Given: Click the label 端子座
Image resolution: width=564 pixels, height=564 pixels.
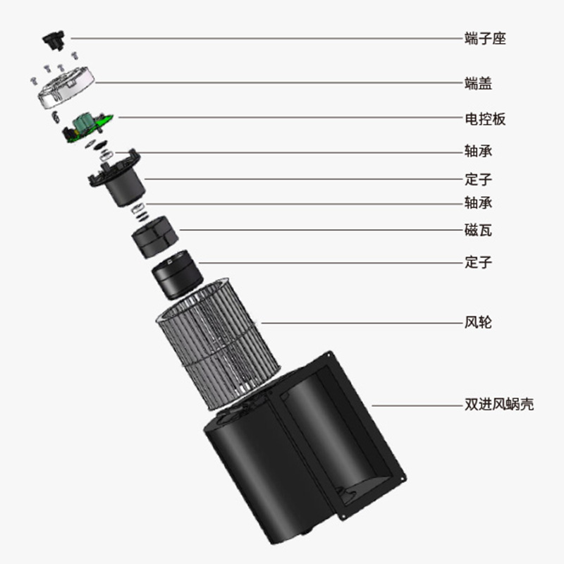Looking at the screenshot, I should coord(485,38).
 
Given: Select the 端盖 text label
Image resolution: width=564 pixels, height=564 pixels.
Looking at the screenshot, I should coord(478,83).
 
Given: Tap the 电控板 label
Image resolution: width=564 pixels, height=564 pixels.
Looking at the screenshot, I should coord(485,118).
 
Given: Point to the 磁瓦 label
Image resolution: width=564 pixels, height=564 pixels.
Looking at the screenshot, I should coord(478,230).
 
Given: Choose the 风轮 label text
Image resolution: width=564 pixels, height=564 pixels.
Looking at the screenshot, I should coord(478,323).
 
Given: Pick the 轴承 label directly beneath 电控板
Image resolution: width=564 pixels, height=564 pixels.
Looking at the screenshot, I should coord(478,152).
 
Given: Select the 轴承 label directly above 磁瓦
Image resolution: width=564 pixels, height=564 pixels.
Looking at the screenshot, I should coord(478,203).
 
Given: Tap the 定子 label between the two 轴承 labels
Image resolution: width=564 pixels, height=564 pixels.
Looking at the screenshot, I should coord(478,178).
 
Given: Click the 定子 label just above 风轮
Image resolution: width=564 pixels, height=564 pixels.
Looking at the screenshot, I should coord(478,263).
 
